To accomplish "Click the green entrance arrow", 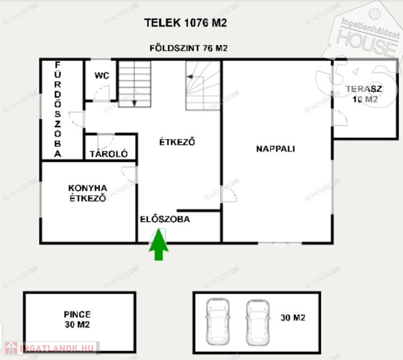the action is tap(158, 244).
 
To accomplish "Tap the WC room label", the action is tap(102, 75).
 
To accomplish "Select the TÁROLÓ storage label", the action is tap(108, 154).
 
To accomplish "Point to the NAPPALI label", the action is tap(276, 149).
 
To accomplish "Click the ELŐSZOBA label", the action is tap(165, 219).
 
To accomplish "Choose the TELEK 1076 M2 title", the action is tap(186, 22).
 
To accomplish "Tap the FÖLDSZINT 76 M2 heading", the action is tap(189, 48).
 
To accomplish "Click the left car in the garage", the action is tap(217, 322).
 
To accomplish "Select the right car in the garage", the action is tap(258, 322).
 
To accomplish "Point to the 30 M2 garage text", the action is tap(293, 318).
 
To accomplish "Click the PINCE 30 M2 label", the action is tap(77, 319).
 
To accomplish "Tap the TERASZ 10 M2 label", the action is tap(364, 94).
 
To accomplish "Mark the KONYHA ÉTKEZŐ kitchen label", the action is tap(88, 193).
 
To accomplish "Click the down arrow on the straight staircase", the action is tap(134, 104).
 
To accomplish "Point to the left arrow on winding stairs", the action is tap(190, 76).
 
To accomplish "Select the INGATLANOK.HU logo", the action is tap(52, 348).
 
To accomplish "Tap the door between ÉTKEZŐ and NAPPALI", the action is tap(229, 194).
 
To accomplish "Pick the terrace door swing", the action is tap(340, 118).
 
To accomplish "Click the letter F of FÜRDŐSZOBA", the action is tap(58, 65).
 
